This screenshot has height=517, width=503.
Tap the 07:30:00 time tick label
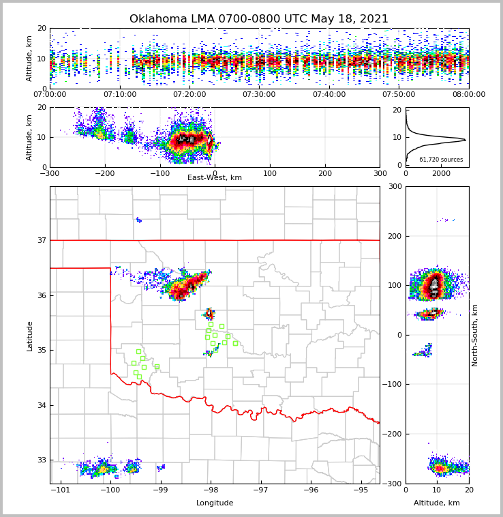pyautogui.click(x=259, y=94)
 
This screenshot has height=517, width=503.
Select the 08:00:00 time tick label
pyautogui.click(x=468, y=94)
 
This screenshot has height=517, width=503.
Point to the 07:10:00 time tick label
pyautogui.click(x=120, y=94)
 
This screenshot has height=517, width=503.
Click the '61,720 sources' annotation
pyautogui.click(x=441, y=160)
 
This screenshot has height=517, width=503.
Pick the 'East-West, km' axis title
pyautogui.click(x=215, y=178)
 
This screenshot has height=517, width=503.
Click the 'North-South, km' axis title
pyautogui.click(x=475, y=335)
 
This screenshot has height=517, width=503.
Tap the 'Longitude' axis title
pyautogui.click(x=215, y=503)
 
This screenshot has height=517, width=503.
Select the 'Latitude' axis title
pyautogui.click(x=30, y=336)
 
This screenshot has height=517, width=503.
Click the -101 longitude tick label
pyautogui.click(x=61, y=490)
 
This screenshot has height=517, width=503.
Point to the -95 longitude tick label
pyautogui.click(x=360, y=490)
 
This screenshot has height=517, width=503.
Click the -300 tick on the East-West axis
pyautogui.click(x=50, y=173)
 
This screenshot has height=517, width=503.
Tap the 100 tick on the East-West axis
pyautogui.click(x=270, y=173)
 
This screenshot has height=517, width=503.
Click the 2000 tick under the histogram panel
pyautogui.click(x=442, y=173)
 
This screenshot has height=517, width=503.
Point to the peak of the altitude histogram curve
pyautogui.click(x=466, y=140)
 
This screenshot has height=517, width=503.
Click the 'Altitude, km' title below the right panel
pyautogui.click(x=437, y=503)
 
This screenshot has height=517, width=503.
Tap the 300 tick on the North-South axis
pyautogui.click(x=395, y=186)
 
